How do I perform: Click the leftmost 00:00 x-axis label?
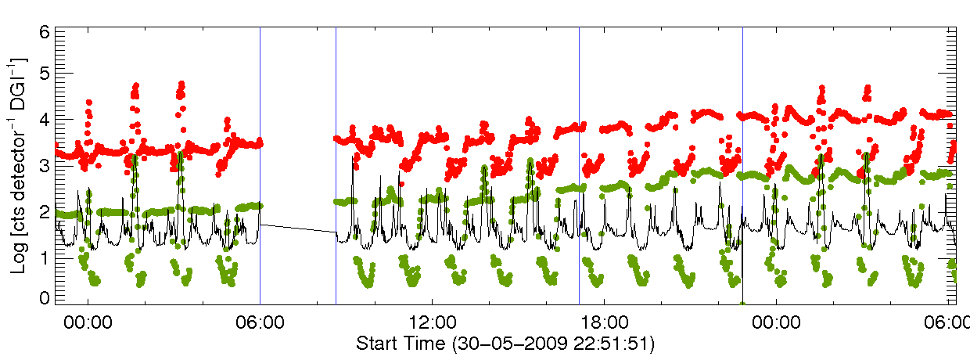pos(88,322)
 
